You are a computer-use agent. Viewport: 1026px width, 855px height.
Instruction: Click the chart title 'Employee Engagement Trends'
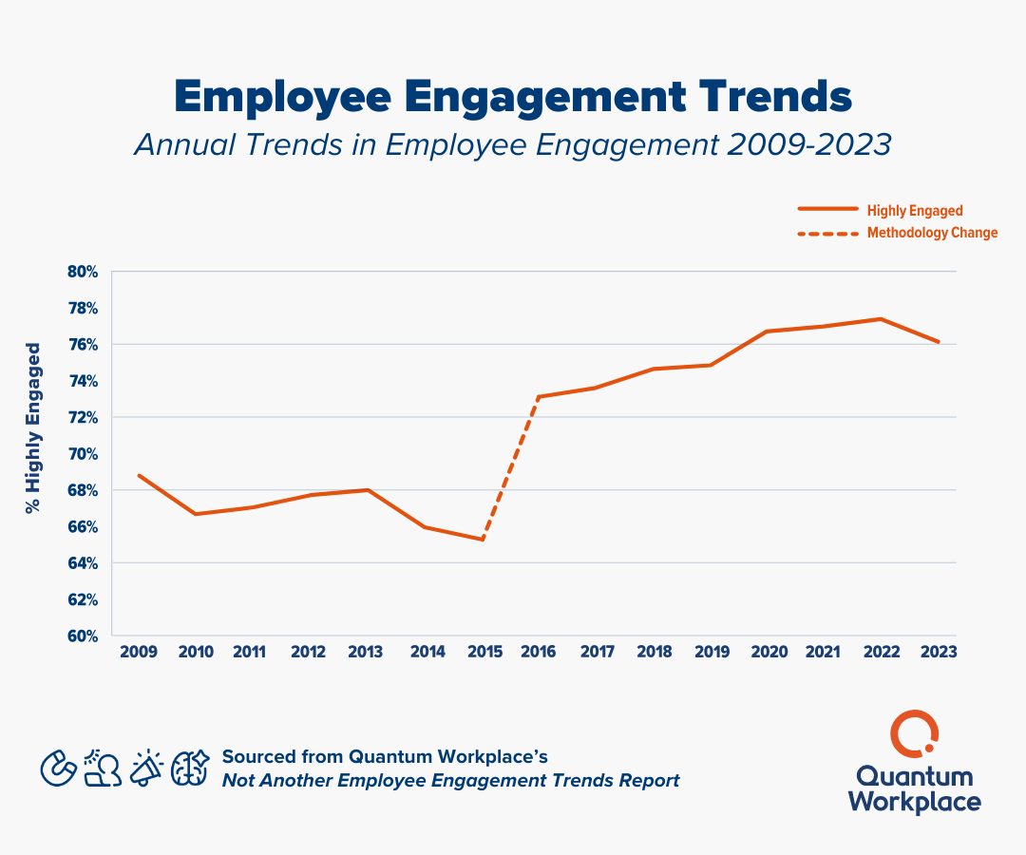click(x=513, y=97)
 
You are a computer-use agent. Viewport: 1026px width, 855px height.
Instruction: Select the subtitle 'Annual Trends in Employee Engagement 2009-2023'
click(x=513, y=144)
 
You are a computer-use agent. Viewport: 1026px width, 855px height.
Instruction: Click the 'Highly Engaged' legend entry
click(x=914, y=210)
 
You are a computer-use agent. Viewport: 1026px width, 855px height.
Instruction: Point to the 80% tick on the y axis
click(x=83, y=272)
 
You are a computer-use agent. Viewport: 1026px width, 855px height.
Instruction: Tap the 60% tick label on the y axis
click(x=83, y=636)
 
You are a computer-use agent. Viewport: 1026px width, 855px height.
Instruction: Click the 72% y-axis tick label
click(x=83, y=417)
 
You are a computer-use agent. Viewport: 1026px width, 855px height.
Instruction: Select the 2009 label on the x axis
click(x=139, y=653)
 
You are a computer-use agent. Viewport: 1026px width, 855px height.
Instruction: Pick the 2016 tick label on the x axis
click(x=539, y=653)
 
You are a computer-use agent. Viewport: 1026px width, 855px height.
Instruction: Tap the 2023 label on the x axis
click(x=938, y=653)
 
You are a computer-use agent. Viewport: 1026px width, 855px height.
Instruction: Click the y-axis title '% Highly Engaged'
click(x=34, y=428)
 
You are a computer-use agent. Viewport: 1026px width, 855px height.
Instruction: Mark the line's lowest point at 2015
click(x=484, y=540)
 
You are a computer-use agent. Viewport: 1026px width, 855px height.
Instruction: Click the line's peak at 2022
click(x=882, y=318)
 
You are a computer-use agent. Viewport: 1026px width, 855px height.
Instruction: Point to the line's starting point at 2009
click(x=140, y=475)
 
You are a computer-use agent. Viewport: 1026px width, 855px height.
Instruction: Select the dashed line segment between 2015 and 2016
click(x=511, y=468)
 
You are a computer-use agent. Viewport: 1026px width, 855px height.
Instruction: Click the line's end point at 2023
click(x=939, y=342)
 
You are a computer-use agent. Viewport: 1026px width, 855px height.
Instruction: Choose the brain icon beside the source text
click(x=189, y=768)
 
